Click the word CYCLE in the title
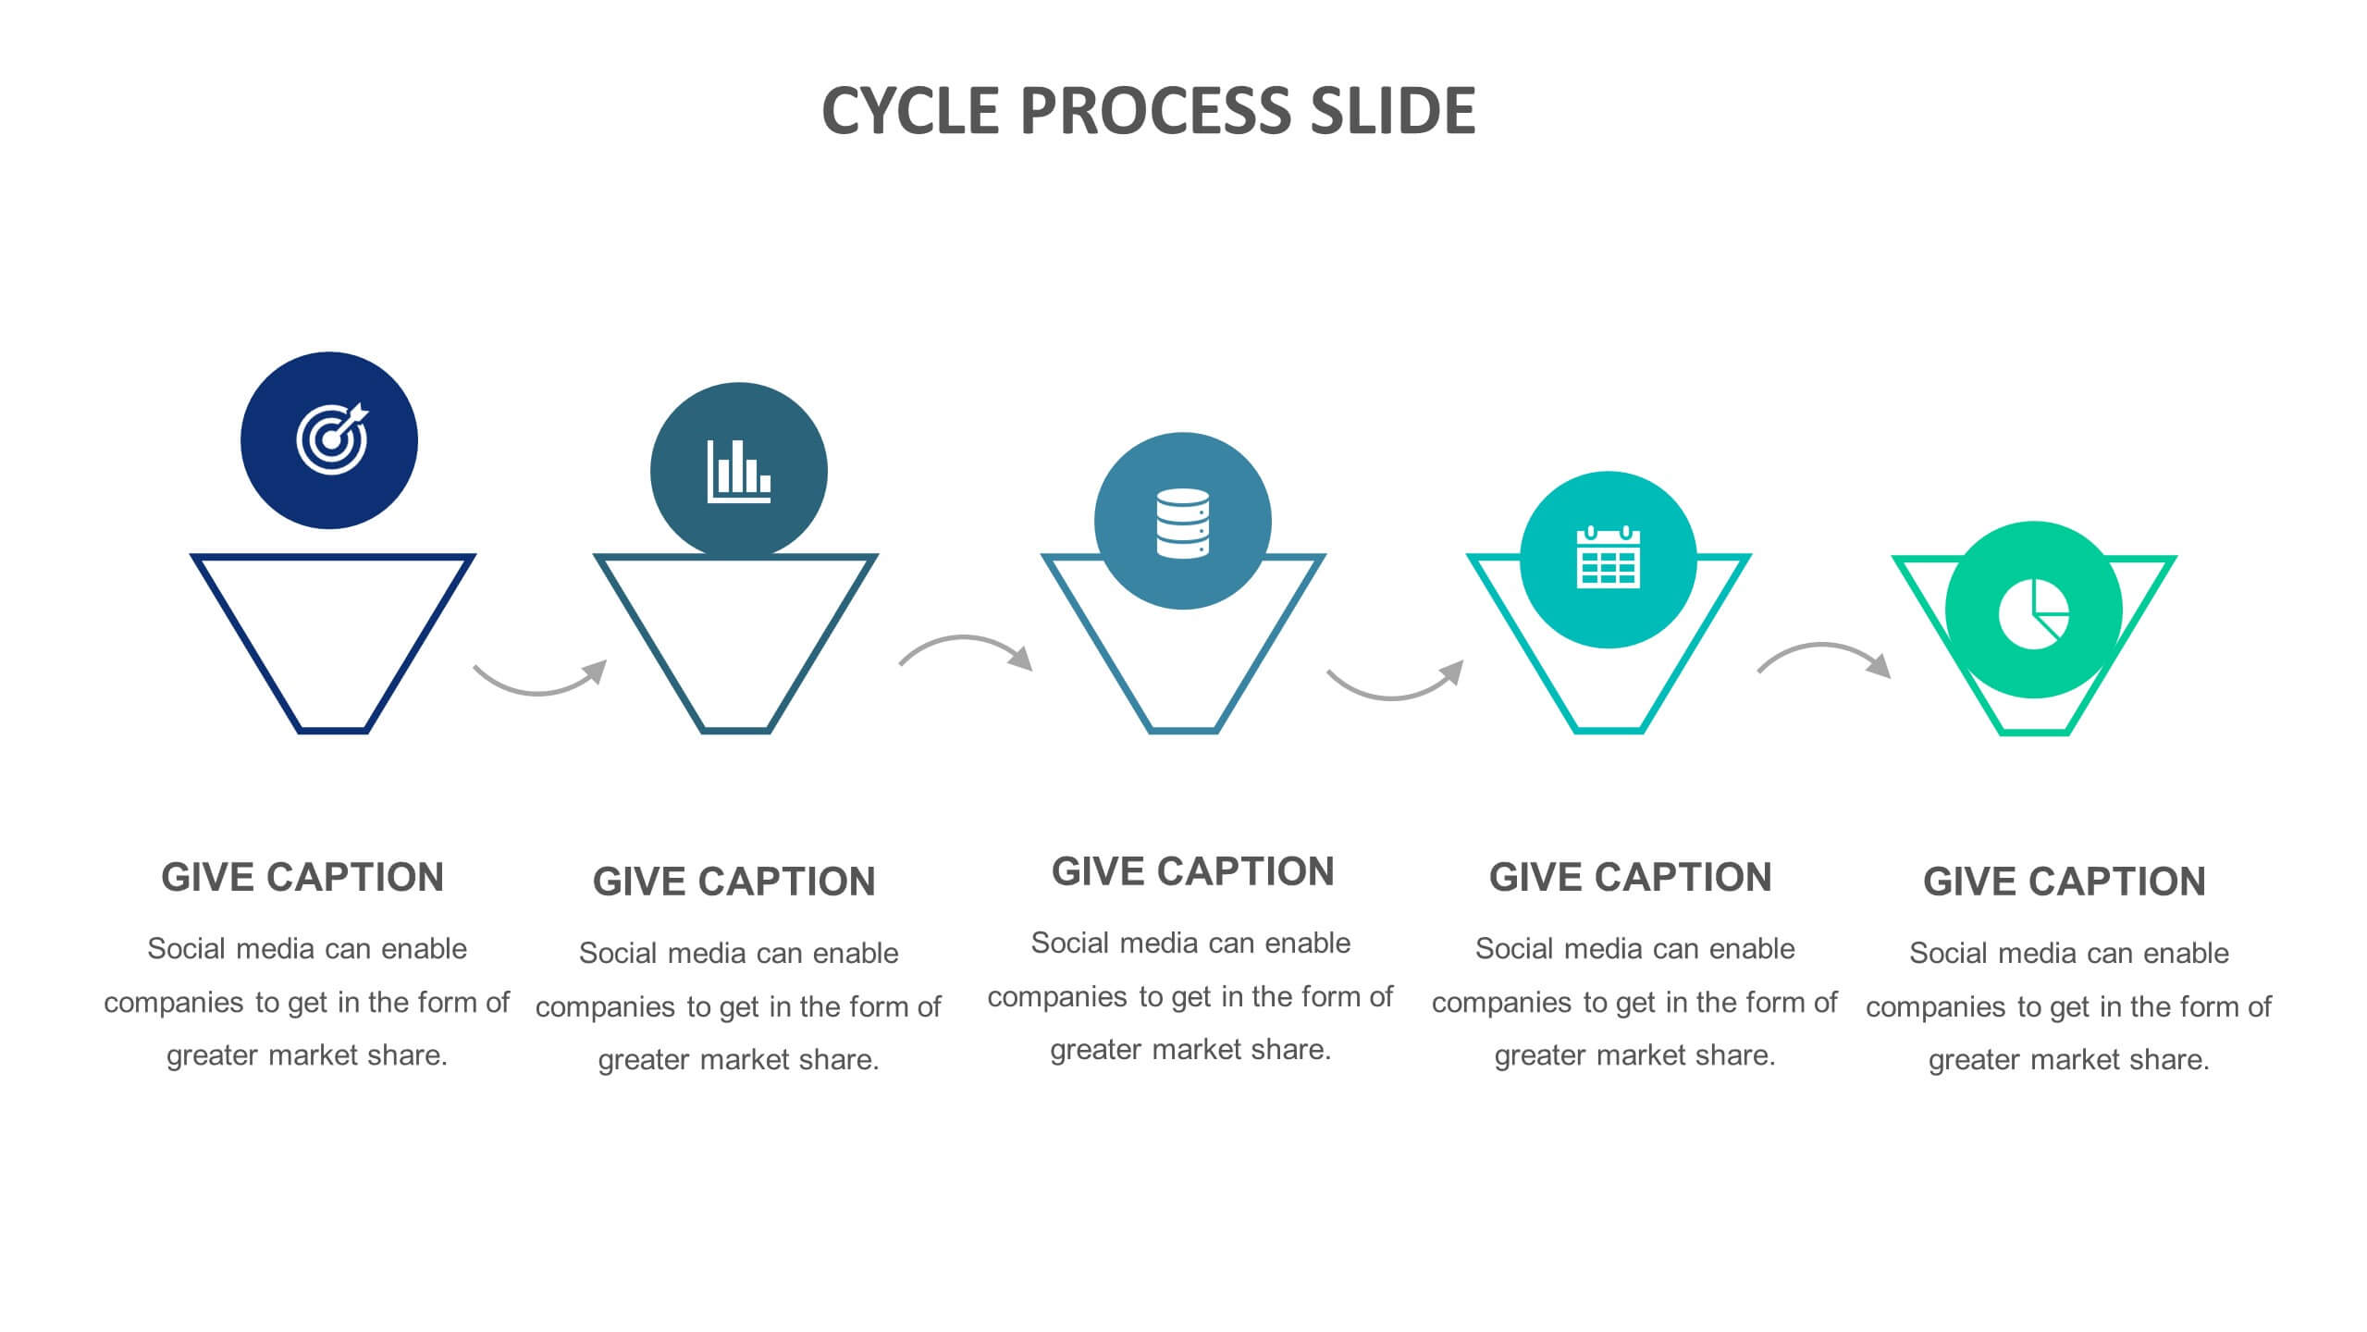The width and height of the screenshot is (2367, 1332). coord(910,111)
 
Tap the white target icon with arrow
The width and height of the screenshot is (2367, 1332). coord(332,439)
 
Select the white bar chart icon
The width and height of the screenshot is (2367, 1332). coord(738,472)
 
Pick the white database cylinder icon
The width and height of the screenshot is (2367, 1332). coord(1182,523)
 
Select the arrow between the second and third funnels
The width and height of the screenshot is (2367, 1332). coord(965,638)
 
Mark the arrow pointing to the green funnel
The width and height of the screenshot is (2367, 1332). coord(1822,646)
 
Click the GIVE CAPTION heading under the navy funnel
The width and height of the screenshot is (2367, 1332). coord(302,877)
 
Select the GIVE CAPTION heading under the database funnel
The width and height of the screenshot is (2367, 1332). coord(1192,871)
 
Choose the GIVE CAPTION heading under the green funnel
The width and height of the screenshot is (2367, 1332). coord(2065,882)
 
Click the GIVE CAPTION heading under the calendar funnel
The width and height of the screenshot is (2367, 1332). coord(1630,877)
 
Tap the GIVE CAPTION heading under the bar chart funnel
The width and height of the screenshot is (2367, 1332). coord(734,882)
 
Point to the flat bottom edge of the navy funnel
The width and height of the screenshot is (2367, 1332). coord(333,731)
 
